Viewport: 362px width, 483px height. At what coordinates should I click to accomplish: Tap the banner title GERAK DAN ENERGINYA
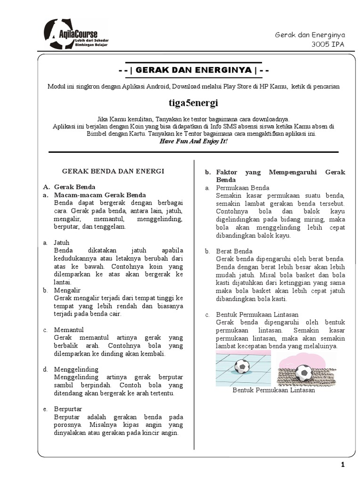[193, 71]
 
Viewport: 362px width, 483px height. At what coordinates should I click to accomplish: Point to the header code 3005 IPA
[329, 45]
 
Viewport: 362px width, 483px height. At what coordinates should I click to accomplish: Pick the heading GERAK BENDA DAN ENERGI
[114, 171]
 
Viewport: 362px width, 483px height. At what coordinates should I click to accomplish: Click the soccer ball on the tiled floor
[242, 366]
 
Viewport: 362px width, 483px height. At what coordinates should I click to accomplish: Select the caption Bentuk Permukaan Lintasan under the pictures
[274, 390]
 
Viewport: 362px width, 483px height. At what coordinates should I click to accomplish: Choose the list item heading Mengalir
[67, 291]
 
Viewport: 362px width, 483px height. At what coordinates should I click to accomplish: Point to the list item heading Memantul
[69, 330]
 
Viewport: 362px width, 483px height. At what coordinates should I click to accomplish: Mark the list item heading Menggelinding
[76, 369]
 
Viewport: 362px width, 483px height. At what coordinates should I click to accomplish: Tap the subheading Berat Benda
[234, 251]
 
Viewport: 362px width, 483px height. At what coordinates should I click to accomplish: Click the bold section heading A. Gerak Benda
[74, 187]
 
